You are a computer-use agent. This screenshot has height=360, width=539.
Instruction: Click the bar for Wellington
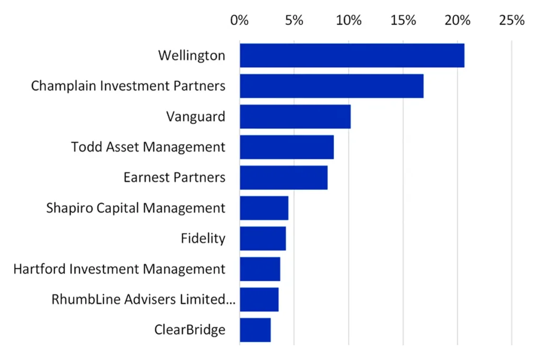(352, 55)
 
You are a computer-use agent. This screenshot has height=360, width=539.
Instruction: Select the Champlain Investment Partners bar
(332, 86)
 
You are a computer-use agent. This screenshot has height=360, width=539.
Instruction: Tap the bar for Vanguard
(295, 116)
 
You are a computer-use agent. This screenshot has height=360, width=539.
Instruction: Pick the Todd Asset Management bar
(286, 147)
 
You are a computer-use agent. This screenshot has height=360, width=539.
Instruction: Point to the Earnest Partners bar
(283, 177)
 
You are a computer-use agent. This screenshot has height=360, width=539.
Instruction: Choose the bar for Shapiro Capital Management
(264, 208)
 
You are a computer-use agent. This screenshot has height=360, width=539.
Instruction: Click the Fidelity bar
(263, 238)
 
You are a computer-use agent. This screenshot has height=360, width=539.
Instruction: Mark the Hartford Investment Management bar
(259, 269)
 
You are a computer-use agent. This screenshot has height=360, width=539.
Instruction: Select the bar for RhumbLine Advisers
(259, 299)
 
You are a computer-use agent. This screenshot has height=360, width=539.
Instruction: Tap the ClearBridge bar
(255, 330)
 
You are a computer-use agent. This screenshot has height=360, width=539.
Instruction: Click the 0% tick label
(239, 21)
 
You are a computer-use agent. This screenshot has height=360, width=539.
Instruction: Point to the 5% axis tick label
(294, 21)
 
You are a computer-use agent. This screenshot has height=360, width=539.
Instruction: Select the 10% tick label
(348, 21)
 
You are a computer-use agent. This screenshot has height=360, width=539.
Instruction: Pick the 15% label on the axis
(403, 21)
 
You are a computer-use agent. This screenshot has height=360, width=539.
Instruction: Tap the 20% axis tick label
(457, 21)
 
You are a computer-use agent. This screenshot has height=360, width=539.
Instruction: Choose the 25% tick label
(512, 21)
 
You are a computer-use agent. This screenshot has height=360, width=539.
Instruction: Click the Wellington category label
(192, 56)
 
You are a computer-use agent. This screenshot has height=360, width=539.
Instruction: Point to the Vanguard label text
(196, 116)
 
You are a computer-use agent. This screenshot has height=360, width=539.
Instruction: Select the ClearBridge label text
(190, 330)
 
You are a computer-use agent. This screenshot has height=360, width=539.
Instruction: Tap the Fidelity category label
(203, 238)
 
